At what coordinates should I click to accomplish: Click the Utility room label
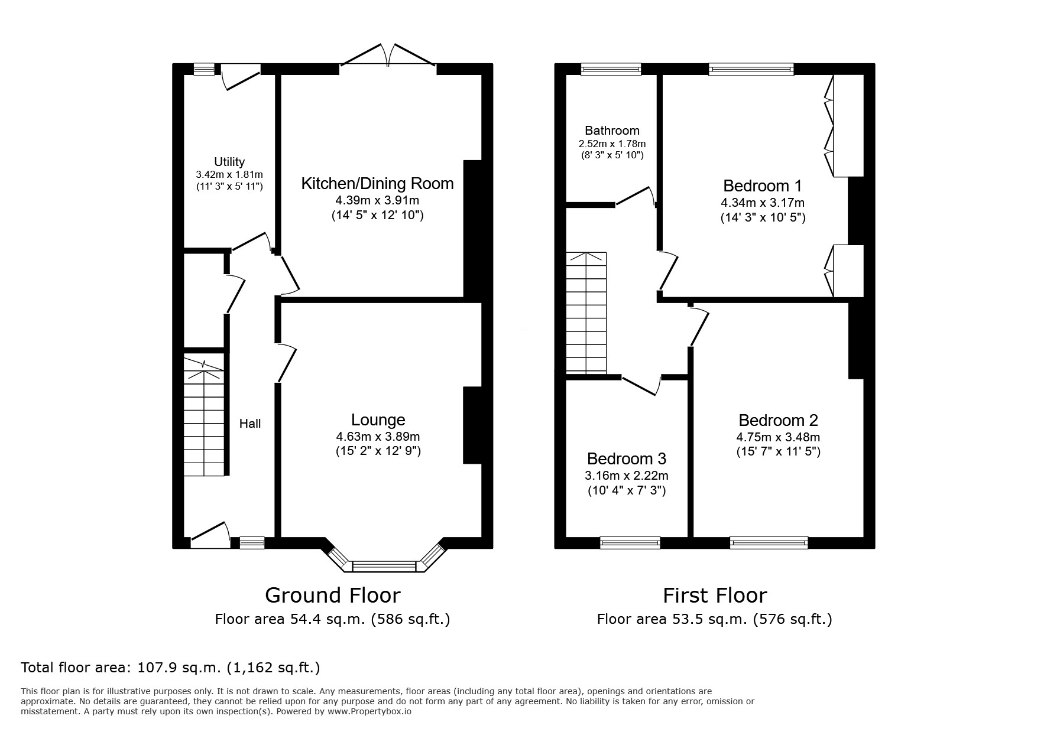pos(229,162)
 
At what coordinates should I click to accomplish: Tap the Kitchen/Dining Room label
pos(377,184)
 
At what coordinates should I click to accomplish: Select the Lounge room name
pos(378,420)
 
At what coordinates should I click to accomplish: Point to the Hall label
pos(250,424)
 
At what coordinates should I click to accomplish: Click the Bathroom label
pos(612,131)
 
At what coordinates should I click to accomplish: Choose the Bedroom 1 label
pos(763,186)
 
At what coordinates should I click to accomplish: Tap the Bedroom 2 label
pos(779,421)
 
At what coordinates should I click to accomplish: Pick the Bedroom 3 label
pos(627,459)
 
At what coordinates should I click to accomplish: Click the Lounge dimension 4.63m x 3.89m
pos(378,437)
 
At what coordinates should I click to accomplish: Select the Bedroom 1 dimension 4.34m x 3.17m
pos(763,203)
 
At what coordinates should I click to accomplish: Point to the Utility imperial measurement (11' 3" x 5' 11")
pos(229,187)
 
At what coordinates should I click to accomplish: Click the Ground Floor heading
pos(332,595)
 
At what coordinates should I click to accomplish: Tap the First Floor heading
pos(715,595)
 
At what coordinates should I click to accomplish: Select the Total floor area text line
pos(170,668)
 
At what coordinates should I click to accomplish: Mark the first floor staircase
pos(586,313)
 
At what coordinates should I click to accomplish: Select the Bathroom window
pos(611,70)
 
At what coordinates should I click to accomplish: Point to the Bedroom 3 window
pos(630,542)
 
